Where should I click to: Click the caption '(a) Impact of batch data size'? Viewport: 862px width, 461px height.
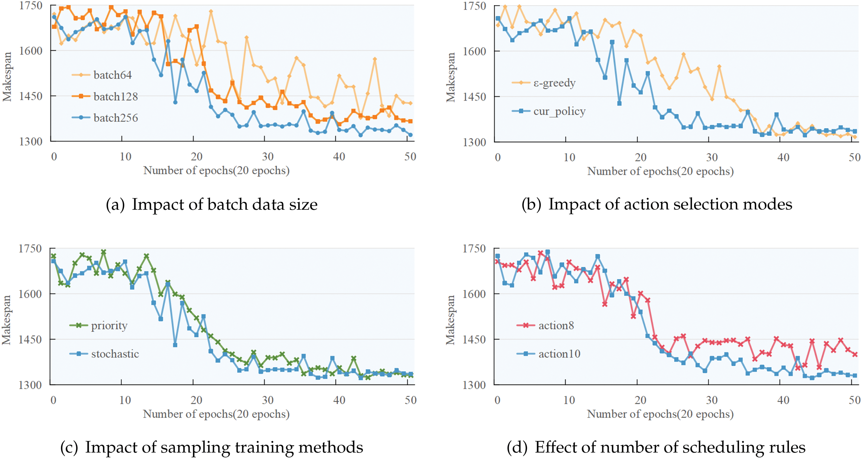(x=211, y=204)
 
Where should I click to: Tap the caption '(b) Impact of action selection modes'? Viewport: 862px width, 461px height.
(x=656, y=204)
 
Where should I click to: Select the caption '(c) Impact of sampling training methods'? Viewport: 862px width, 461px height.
(x=211, y=447)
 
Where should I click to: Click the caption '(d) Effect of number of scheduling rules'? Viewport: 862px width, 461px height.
(x=656, y=447)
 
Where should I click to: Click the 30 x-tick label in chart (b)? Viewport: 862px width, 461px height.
(x=712, y=157)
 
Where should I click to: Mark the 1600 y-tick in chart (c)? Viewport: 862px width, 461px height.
(x=30, y=294)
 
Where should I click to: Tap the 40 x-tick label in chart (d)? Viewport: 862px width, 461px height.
(x=783, y=400)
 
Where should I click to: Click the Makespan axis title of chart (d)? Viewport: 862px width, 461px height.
(x=450, y=320)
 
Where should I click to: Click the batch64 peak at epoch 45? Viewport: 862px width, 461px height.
(x=375, y=59)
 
